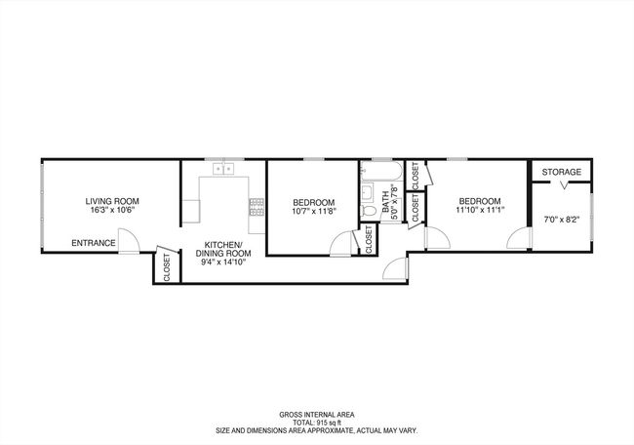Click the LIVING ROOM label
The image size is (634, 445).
(x=112, y=201)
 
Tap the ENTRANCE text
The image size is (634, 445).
(x=94, y=243)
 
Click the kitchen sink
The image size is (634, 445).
(x=223, y=169)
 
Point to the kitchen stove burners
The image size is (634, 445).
(x=257, y=207)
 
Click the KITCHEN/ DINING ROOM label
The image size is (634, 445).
(x=223, y=249)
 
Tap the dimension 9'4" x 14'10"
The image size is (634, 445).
(x=223, y=263)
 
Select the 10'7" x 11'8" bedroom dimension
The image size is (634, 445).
(x=314, y=211)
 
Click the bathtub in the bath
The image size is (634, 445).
(x=381, y=171)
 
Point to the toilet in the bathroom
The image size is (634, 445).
(x=368, y=211)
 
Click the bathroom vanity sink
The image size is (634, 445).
(x=367, y=193)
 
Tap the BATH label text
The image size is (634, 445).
(x=386, y=202)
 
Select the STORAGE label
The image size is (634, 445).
(x=562, y=172)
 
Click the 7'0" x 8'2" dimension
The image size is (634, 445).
(x=562, y=221)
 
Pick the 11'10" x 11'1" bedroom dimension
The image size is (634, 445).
(x=480, y=210)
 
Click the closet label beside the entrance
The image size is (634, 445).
(x=167, y=267)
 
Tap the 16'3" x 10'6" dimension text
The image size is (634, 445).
(x=112, y=210)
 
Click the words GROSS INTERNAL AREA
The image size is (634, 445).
(x=317, y=415)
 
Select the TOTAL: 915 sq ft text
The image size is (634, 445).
(x=317, y=423)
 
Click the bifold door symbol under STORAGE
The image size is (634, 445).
(x=565, y=185)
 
